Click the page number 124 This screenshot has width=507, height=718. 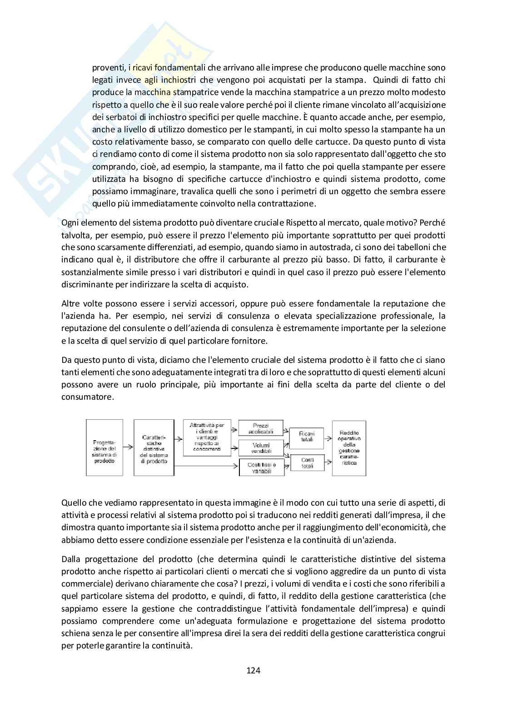[253, 670]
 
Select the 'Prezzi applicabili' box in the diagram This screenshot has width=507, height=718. [261, 428]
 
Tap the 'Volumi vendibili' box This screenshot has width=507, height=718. [261, 448]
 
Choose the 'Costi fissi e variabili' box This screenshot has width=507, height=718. [262, 467]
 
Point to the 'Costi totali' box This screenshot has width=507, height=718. [308, 463]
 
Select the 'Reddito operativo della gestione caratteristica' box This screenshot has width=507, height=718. [349, 448]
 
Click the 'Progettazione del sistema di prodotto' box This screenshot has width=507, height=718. [104, 448]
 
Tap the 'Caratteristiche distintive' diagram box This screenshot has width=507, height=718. [154, 448]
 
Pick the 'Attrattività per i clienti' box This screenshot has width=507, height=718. [207, 437]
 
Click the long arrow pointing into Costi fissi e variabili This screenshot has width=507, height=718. [207, 466]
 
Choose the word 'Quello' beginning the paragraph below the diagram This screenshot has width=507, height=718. [73, 502]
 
